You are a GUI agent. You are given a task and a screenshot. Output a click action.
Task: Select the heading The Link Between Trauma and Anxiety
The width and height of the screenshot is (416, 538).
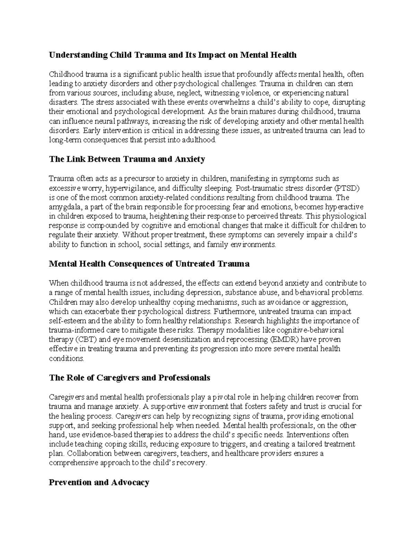127,159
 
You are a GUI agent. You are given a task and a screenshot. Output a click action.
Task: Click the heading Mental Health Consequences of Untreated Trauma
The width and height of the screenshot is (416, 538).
149,264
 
